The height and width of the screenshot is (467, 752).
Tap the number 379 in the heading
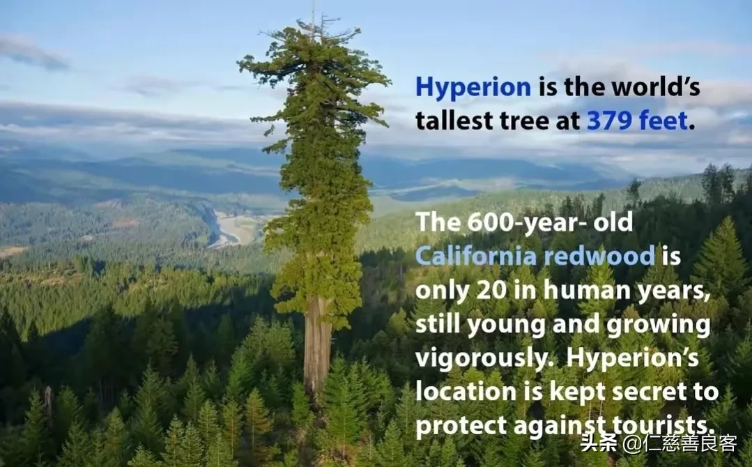[608, 120]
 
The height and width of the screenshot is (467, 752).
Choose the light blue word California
[475, 255]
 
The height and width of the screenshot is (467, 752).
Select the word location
[466, 391]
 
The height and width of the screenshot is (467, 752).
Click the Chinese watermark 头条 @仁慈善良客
[658, 443]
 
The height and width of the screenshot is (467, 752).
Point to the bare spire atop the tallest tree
[314, 15]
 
